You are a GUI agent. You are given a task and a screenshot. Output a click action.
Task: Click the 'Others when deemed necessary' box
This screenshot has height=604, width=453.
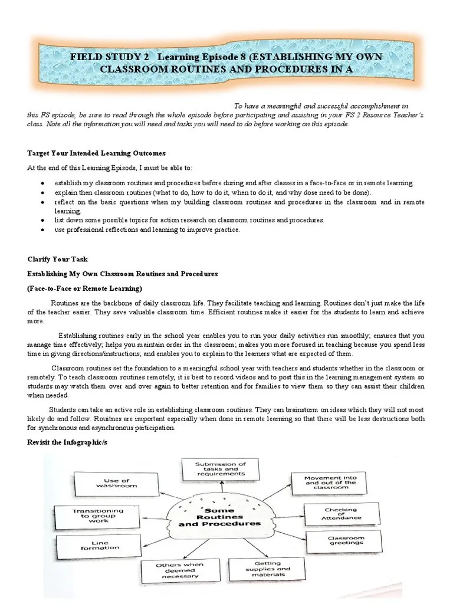pos(176,571)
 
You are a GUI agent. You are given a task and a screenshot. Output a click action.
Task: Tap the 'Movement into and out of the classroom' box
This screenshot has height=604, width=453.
pos(330,482)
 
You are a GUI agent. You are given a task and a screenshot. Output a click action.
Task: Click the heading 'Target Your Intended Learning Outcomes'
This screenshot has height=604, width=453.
pos(93,153)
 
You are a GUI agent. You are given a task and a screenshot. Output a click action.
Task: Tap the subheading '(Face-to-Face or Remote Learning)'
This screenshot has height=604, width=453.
pos(85,288)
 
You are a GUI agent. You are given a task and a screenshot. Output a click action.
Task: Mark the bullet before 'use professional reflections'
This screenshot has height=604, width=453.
pos(43,230)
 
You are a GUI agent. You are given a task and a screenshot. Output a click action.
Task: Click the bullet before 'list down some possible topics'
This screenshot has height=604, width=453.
pos(43,220)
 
